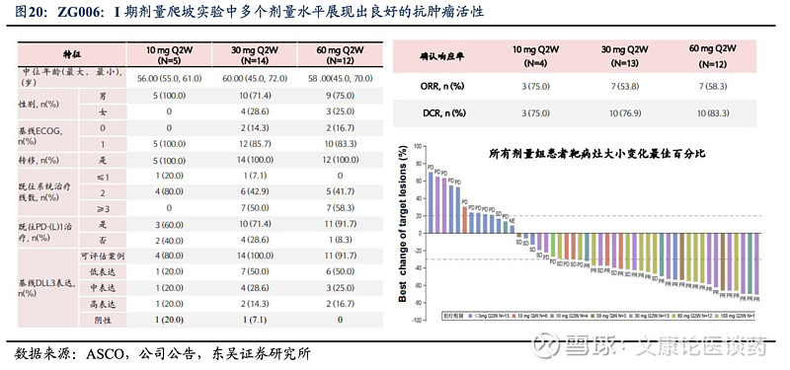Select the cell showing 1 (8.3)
pos(341,240)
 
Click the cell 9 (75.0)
pos(341,96)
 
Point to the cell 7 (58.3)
pos(341,208)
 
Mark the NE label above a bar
pos(511,218)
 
